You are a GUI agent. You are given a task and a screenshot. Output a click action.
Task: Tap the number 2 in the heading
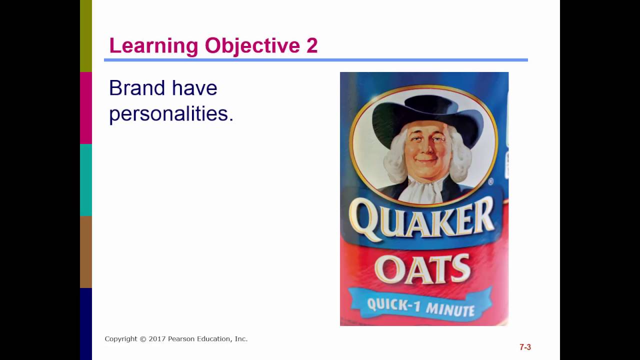click(312, 46)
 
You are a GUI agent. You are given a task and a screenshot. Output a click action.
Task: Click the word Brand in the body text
click(136, 88)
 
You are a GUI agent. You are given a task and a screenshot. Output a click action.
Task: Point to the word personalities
click(171, 114)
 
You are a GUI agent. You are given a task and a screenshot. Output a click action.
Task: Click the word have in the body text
click(194, 88)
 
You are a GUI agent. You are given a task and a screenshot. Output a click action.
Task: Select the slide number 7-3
click(525, 347)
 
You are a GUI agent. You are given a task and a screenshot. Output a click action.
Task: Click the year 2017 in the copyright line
click(156, 339)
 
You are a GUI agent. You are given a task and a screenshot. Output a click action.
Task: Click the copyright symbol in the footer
click(142, 339)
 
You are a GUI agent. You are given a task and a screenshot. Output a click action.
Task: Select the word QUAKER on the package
click(422, 219)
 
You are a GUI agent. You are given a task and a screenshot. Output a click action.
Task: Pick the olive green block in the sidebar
click(86, 36)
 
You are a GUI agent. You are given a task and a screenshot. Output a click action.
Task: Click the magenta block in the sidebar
click(86, 108)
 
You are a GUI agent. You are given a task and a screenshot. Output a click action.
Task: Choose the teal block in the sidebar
click(86, 180)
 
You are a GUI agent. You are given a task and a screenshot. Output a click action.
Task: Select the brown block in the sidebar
click(86, 252)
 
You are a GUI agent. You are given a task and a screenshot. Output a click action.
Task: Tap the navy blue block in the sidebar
click(86, 324)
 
